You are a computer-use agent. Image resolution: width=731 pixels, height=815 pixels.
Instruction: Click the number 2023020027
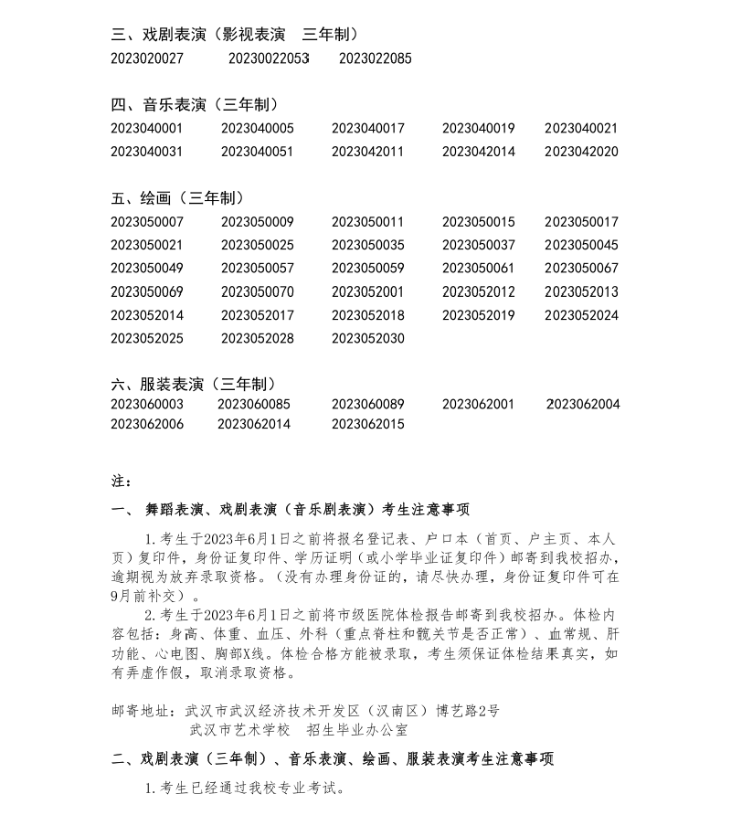[147, 58]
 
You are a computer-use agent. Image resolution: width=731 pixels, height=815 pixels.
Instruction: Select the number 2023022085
[375, 58]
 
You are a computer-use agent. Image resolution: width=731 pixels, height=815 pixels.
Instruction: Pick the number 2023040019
[478, 129]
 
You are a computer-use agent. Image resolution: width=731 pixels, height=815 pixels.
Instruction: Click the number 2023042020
[581, 152]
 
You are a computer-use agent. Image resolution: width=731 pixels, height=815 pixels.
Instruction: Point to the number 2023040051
[257, 152]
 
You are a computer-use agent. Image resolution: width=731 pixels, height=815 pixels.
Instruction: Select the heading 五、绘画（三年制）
[177, 198]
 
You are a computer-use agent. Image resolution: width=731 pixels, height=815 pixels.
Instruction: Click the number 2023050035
[367, 245]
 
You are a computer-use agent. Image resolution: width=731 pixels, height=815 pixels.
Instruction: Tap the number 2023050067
[581, 269]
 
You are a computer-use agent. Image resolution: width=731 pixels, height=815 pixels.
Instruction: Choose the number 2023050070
[257, 292]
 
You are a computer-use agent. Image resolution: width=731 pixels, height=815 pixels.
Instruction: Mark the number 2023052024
[581, 315]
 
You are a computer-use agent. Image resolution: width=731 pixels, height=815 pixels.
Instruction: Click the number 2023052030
[367, 339]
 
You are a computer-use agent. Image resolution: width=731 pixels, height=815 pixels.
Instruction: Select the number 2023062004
[583, 404]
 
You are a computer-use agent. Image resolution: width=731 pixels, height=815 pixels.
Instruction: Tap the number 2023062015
[367, 424]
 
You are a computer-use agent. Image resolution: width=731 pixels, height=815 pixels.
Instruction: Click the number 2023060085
[253, 404]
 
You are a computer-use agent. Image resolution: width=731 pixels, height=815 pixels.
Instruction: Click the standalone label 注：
[121, 482]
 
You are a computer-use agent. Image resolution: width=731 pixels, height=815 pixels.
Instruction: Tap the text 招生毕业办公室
[357, 730]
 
